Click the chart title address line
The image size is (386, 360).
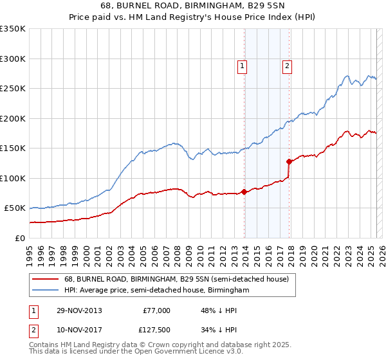pyautogui.click(x=192, y=6)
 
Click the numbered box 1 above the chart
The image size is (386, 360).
pyautogui.click(x=243, y=65)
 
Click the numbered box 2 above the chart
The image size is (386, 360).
pyautogui.click(x=286, y=65)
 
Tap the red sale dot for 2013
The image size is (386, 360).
pyautogui.click(x=244, y=192)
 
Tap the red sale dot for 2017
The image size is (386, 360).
pyautogui.click(x=289, y=161)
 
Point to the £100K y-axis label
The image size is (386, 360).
pyautogui.click(x=13, y=178)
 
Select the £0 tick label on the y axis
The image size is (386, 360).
pyautogui.click(x=19, y=238)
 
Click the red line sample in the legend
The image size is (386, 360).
pyautogui.click(x=46, y=279)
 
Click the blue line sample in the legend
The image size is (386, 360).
pyautogui.click(x=46, y=291)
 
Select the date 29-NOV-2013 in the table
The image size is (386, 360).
pyautogui.click(x=79, y=310)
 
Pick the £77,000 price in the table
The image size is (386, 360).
pyautogui.click(x=156, y=310)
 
